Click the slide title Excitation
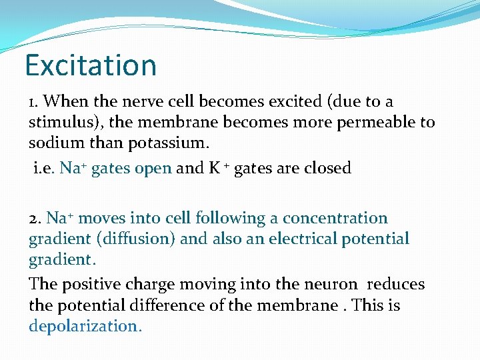click(91, 65)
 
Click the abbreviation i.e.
click(44, 168)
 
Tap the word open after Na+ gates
click(153, 168)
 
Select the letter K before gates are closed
click(215, 168)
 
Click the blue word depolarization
click(85, 326)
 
